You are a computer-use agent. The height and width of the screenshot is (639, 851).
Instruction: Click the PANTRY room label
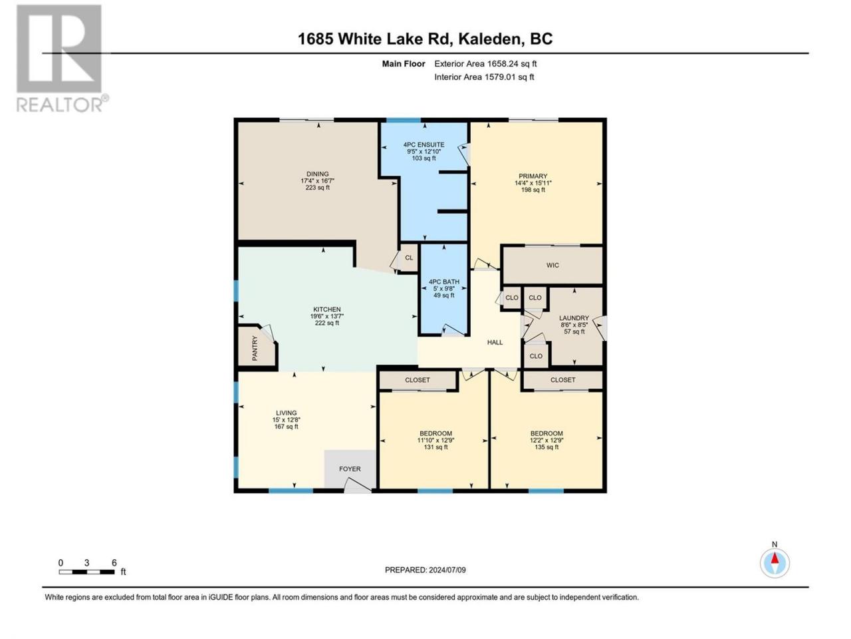point(255,348)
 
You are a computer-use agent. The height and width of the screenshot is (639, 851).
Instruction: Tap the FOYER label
point(350,469)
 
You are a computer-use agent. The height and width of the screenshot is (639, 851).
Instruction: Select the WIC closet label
point(552,266)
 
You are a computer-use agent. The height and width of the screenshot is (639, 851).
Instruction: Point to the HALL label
point(495,342)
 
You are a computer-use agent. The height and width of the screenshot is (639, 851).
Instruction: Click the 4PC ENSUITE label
point(424,144)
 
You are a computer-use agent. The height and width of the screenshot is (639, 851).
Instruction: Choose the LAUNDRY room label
point(574,318)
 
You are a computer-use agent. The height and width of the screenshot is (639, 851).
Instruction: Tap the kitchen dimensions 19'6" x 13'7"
point(327,316)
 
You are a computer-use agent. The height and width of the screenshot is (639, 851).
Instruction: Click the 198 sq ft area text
point(533,190)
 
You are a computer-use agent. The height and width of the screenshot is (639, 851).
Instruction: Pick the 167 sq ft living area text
point(286,427)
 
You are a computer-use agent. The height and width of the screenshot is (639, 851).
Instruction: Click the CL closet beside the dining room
point(409,258)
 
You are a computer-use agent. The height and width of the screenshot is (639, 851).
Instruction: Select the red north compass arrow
point(775,558)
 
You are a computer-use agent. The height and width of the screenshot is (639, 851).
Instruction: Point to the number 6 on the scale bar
point(114,563)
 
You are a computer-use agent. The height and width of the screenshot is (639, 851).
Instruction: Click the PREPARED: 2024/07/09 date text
point(425,570)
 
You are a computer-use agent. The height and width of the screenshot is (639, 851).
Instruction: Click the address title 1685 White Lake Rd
point(375,39)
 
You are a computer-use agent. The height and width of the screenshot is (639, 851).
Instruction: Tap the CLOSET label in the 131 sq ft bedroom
point(417,380)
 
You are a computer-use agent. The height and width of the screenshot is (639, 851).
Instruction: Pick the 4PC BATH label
point(444,282)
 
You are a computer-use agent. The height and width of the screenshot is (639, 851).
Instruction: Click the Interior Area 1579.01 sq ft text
point(484,77)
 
